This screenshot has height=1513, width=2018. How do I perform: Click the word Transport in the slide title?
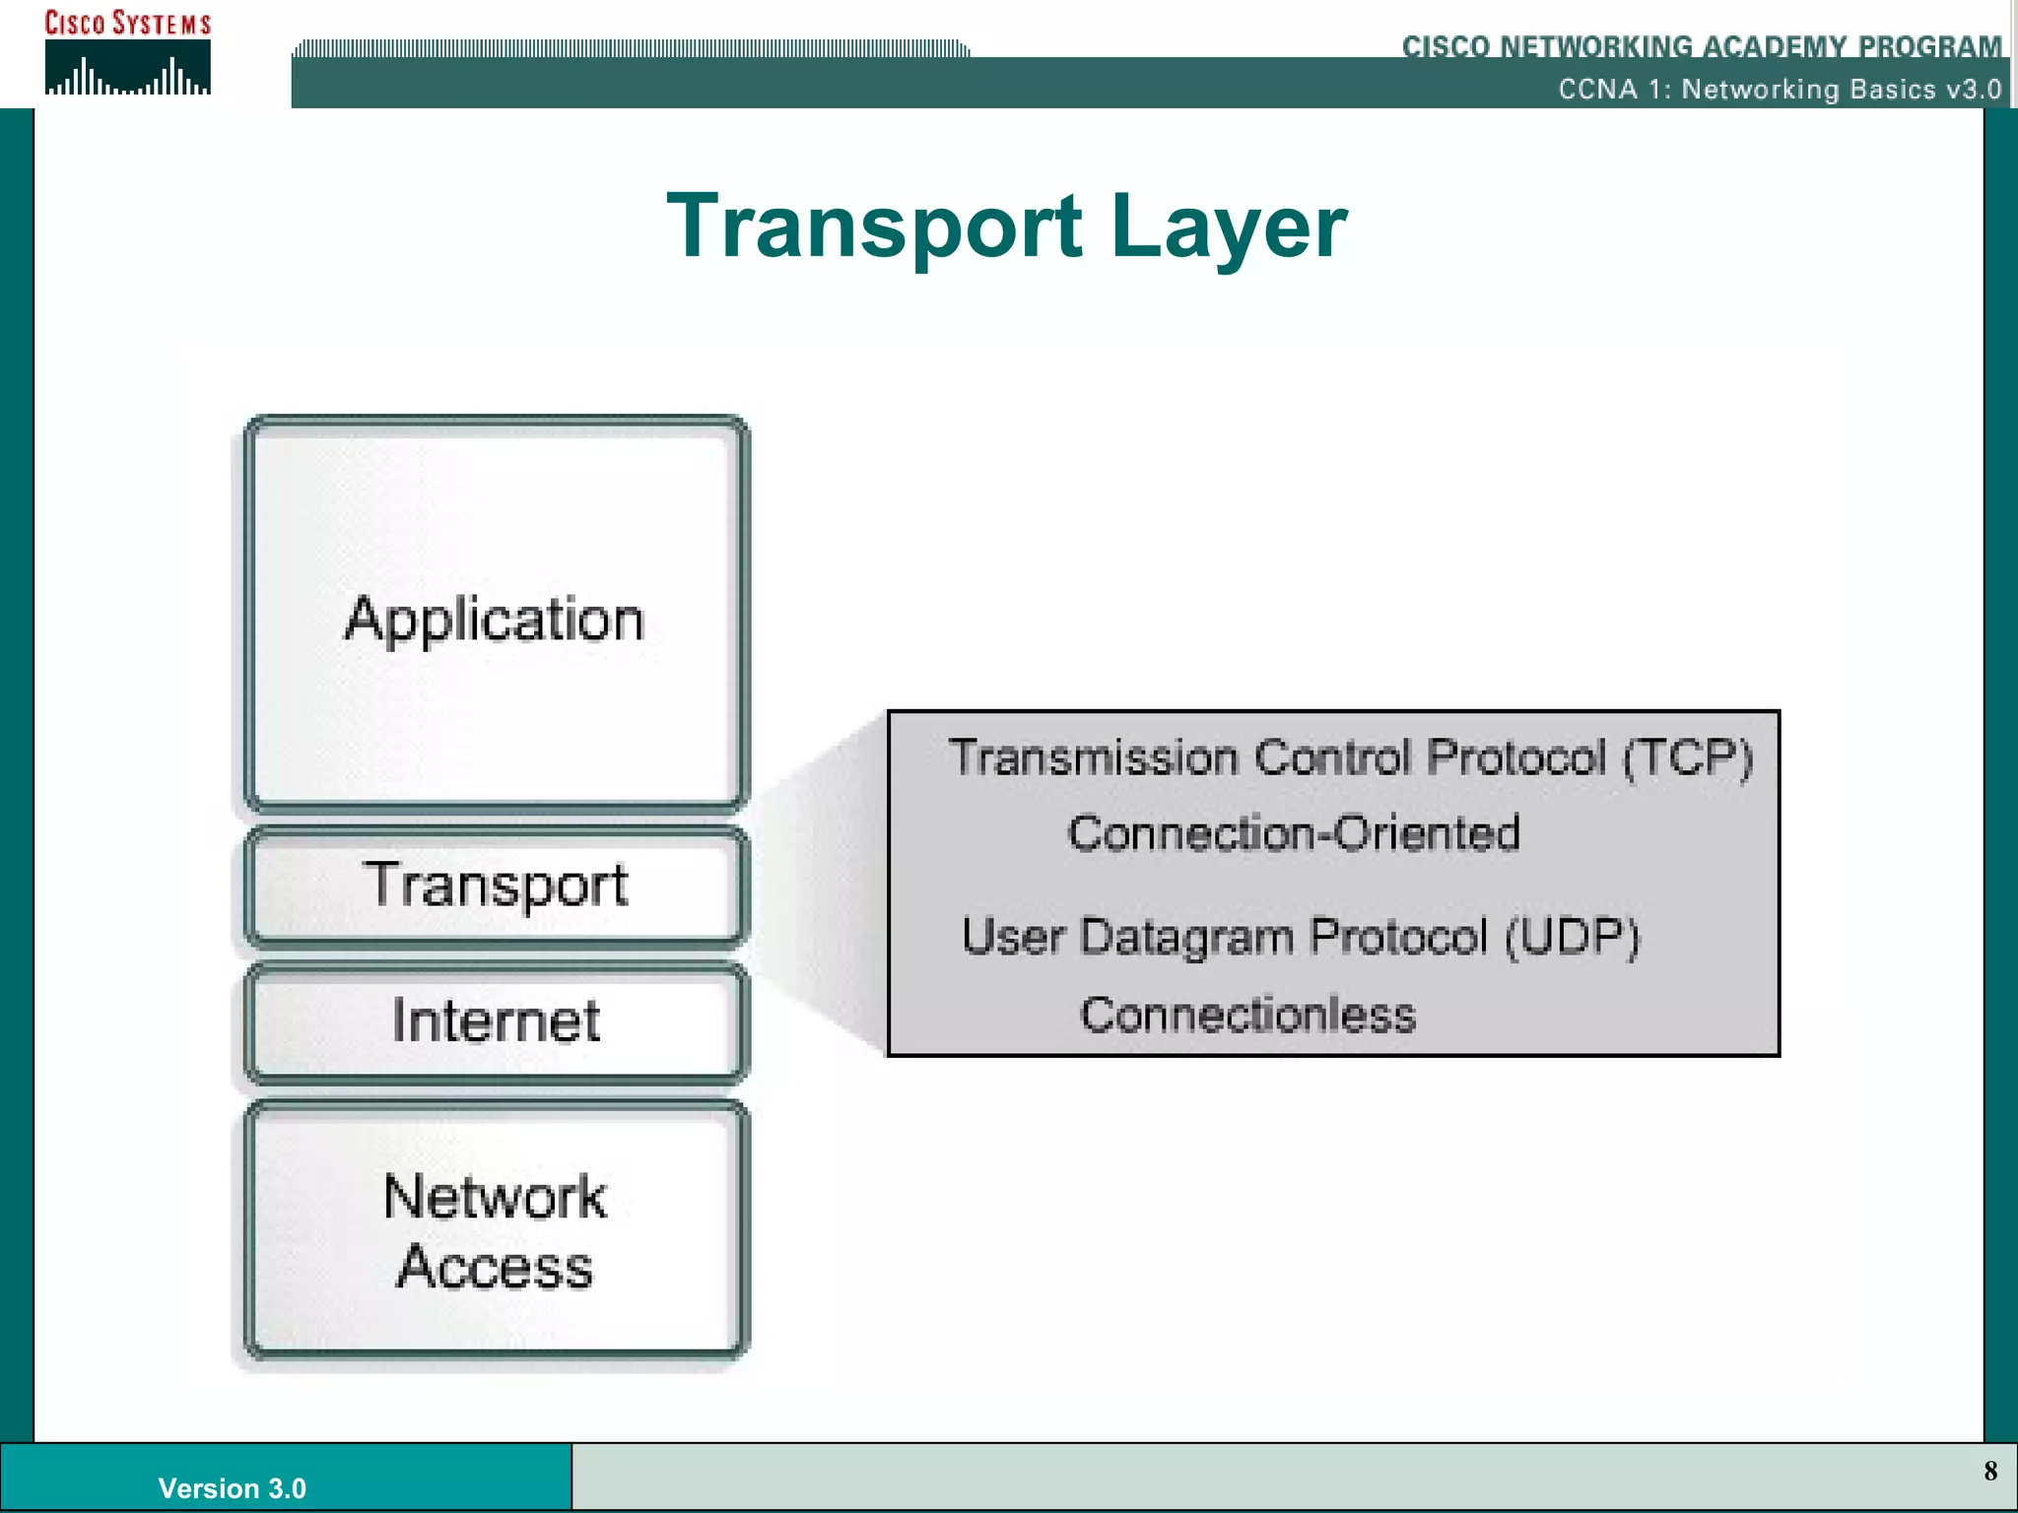tap(873, 227)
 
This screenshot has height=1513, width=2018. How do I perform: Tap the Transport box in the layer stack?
tap(496, 885)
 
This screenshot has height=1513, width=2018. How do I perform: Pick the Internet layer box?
tap(496, 1021)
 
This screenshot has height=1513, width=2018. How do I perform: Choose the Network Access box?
tap(496, 1231)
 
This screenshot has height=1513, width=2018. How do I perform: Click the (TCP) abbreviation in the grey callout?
tap(1688, 757)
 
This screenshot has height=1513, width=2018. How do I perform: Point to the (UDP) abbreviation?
tap(1573, 936)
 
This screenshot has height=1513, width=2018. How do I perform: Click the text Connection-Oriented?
tap(1293, 833)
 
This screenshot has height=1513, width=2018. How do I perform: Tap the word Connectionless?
tap(1247, 1015)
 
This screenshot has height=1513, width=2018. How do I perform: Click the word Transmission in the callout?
tap(1093, 757)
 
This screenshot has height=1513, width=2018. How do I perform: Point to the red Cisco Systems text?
tap(127, 23)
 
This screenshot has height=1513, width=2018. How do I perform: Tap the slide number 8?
tap(1990, 1472)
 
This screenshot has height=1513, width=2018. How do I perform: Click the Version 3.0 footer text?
tap(232, 1487)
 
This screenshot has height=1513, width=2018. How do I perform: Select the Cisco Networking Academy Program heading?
tap(1702, 45)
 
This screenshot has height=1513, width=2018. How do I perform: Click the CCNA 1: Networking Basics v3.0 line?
tap(1780, 90)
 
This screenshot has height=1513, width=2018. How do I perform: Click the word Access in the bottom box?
tap(495, 1267)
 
